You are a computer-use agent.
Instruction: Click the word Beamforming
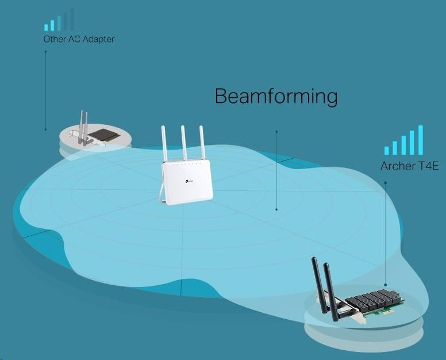[276, 96]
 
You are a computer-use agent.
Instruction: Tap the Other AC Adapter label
[79, 40]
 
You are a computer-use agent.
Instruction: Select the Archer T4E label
[409, 166]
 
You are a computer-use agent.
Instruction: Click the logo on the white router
[189, 183]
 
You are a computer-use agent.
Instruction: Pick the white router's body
[187, 181]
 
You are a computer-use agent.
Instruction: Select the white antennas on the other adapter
[84, 126]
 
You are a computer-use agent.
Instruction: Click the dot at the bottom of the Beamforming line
[276, 209]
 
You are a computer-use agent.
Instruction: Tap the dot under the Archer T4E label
[385, 183]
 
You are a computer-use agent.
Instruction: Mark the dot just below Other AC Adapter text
[45, 52]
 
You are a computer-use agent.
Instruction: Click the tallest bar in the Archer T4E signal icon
[421, 140]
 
